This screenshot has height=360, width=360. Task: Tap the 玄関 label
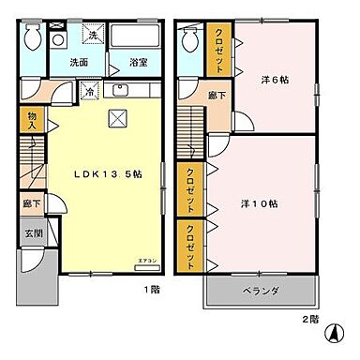click(29, 235)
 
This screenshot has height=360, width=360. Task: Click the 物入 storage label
click(31, 118)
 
